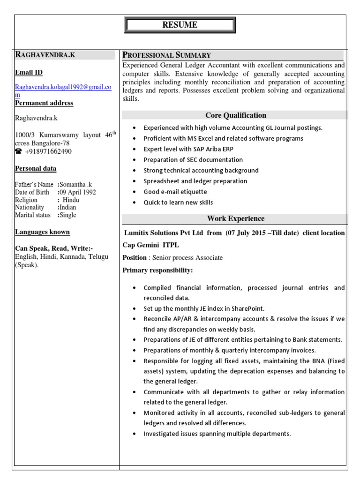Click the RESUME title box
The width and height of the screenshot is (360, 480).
coord(180,25)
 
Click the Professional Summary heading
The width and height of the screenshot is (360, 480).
coord(167,55)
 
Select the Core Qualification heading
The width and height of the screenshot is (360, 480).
coord(235,115)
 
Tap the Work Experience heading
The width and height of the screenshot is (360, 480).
coord(235,218)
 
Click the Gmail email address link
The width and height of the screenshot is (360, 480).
coord(63,87)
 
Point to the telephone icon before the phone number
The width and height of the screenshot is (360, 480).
coord(19,151)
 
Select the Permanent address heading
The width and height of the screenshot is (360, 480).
coord(44,103)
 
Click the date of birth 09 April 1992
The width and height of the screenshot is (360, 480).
coord(77,192)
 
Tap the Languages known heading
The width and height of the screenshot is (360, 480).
coord(42,232)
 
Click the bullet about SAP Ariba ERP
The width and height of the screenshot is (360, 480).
coord(188,149)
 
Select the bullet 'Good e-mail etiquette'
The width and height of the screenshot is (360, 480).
coord(175,192)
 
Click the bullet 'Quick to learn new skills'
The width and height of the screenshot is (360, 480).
coord(178,202)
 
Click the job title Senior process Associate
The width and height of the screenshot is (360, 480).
coord(186,258)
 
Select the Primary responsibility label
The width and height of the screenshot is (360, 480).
coord(157,270)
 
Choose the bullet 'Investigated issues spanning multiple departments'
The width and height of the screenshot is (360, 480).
coord(217,434)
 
